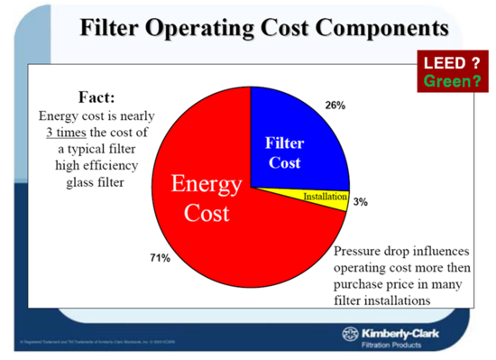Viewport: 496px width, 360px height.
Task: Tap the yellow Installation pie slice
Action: click(x=325, y=196)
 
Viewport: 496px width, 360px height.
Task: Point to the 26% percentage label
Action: click(x=335, y=106)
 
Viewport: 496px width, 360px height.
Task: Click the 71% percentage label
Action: click(x=160, y=258)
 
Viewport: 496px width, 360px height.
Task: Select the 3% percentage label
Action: click(x=360, y=203)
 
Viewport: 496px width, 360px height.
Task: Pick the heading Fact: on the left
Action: click(x=96, y=97)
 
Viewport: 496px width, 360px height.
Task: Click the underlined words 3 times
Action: click(x=72, y=133)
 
